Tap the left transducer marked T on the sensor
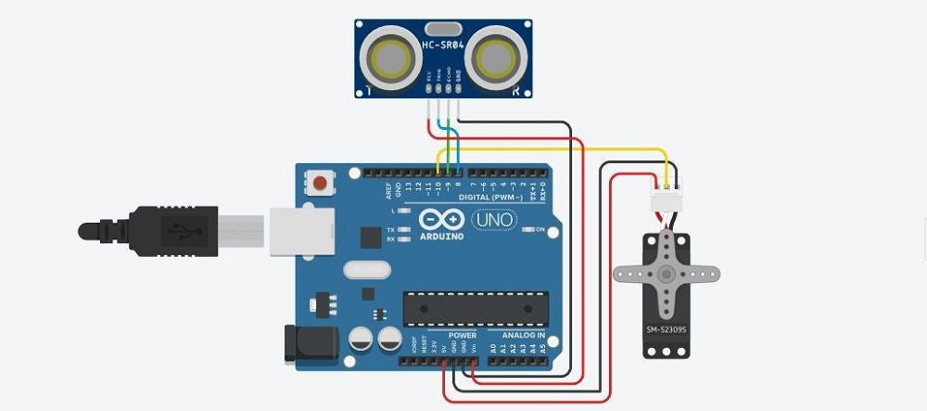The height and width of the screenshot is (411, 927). pyautogui.click(x=389, y=57)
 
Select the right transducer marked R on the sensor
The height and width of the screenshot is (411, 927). pyautogui.click(x=499, y=57)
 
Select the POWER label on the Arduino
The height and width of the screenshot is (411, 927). pyautogui.click(x=462, y=335)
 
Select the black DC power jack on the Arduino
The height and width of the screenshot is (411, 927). pyautogui.click(x=301, y=344)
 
